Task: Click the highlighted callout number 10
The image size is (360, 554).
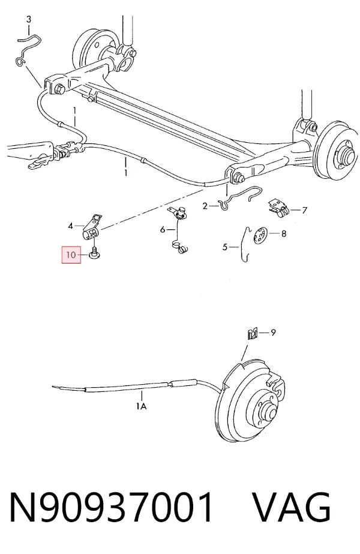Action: (x=71, y=254)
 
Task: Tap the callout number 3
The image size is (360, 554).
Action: (x=29, y=19)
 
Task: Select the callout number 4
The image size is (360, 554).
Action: (x=71, y=226)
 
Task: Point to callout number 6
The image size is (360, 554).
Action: (x=163, y=230)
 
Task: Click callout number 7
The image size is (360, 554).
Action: (x=305, y=210)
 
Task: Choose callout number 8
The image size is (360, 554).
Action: (x=284, y=233)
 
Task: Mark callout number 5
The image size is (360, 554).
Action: (x=225, y=247)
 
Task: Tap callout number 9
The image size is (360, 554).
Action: (x=273, y=332)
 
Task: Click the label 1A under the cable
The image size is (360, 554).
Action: (x=142, y=406)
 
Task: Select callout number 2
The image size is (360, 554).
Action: (x=205, y=206)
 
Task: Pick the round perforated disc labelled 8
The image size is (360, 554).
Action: (x=260, y=235)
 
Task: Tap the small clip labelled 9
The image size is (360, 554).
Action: (x=252, y=334)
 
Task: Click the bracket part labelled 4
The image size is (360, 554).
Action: (x=92, y=227)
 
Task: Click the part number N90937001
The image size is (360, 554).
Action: (x=111, y=507)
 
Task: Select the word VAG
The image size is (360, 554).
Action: (x=292, y=507)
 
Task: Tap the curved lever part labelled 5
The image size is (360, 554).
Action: (x=244, y=244)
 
